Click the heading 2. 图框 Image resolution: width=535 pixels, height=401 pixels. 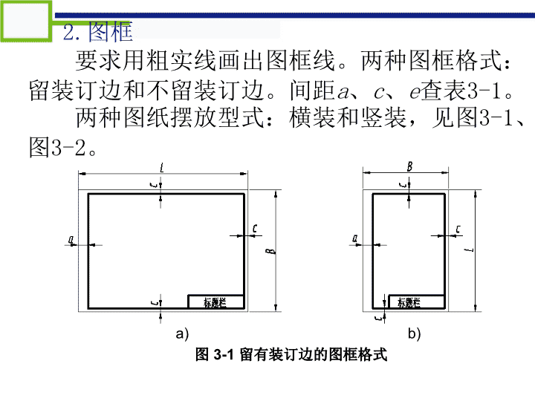point(97,32)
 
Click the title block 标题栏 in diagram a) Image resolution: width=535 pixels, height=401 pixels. point(216,301)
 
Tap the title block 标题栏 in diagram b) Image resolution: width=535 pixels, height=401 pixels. point(417,301)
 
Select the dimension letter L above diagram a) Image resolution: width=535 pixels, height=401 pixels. point(162,168)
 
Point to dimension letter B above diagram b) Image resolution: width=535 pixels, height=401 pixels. point(409,167)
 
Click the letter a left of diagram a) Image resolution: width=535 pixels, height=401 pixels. point(71,239)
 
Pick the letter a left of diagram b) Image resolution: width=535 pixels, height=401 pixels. point(355,238)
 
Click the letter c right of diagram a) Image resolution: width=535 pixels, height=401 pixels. point(255,229)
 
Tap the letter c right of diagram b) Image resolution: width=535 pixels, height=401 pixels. point(458,229)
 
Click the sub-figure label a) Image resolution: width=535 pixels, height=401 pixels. point(182,333)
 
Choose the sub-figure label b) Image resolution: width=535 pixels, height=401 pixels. point(414,333)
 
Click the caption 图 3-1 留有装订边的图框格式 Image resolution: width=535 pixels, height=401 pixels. point(291,355)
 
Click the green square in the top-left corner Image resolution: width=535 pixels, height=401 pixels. point(26,21)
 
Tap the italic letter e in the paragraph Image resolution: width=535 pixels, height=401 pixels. point(414,92)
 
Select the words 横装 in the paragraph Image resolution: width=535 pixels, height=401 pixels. point(313,117)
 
